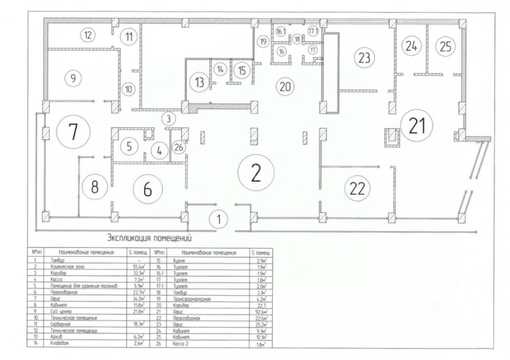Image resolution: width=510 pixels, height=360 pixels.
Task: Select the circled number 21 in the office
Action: point(417,126)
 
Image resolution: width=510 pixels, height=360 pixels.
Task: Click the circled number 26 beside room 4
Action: point(179,147)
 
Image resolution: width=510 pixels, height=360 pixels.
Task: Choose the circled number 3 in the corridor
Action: point(169,118)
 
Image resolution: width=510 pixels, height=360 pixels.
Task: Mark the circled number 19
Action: point(263,41)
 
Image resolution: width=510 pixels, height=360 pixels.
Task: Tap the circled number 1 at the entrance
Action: point(218,218)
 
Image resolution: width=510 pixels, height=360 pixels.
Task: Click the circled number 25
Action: point(445,47)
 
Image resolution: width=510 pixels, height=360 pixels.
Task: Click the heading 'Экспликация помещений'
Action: point(149,238)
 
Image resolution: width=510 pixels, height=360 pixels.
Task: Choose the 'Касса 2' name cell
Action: point(180,344)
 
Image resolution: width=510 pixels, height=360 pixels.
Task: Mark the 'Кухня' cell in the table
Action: point(178,260)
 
